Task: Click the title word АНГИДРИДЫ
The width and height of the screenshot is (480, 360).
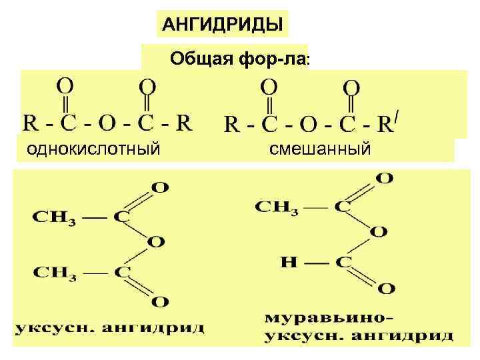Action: point(223,25)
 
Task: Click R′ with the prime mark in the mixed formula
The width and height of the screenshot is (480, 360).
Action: point(389,123)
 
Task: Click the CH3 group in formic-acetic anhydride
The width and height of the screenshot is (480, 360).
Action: point(277,207)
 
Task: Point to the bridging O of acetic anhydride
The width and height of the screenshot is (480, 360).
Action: point(157,242)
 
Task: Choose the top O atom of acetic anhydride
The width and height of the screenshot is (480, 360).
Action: point(160,187)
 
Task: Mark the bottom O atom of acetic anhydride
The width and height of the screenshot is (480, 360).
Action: point(160,302)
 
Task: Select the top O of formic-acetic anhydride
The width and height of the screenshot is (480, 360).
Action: point(385,178)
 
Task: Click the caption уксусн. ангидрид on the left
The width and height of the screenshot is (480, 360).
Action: point(110,328)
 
